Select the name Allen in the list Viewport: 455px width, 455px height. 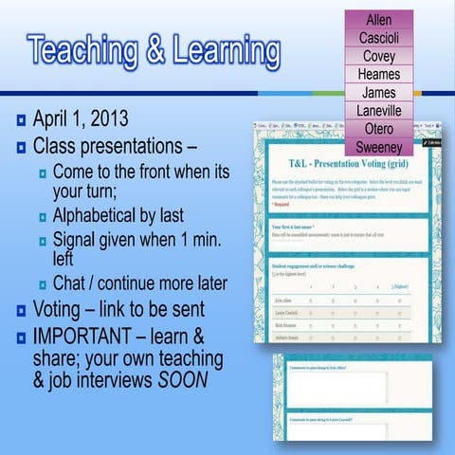click(x=378, y=20)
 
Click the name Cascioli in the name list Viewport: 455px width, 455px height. click(x=378, y=38)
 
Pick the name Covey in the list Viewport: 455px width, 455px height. click(x=378, y=56)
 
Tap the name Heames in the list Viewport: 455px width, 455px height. click(x=378, y=74)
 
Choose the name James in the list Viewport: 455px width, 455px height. click(x=378, y=92)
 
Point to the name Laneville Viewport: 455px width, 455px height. click(x=378, y=111)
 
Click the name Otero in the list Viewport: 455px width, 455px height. click(x=378, y=129)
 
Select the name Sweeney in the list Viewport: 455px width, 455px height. click(x=378, y=147)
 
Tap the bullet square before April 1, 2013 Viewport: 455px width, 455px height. click(x=20, y=121)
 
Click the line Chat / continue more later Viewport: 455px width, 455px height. click(x=139, y=282)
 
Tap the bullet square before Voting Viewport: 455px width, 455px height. click(x=20, y=310)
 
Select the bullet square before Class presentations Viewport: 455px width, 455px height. click(x=20, y=148)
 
